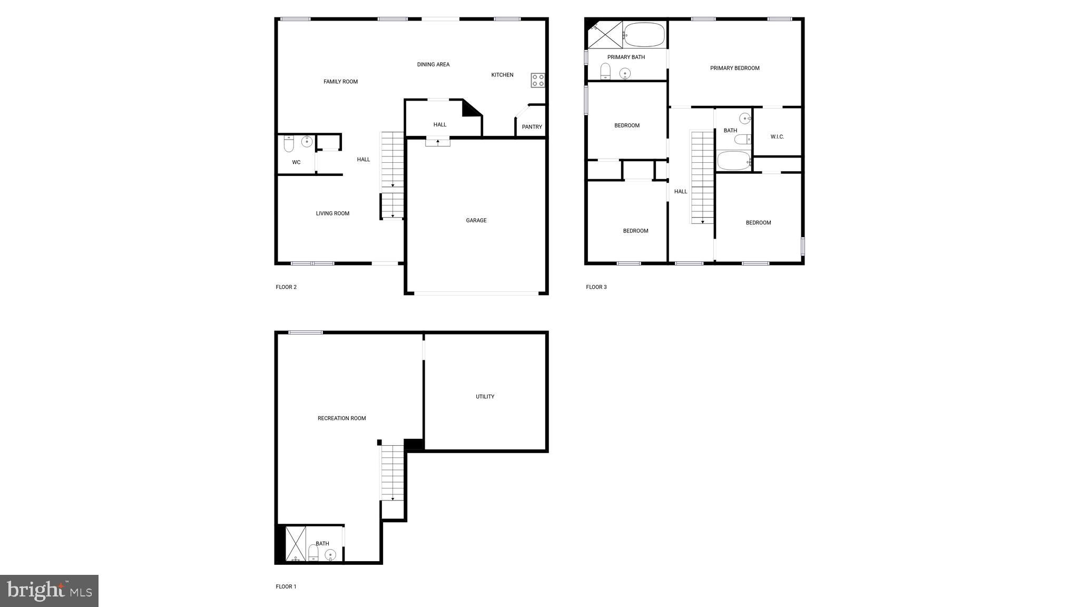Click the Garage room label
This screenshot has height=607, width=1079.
tap(476, 220)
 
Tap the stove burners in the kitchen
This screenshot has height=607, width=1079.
tap(538, 80)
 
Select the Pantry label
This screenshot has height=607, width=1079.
tap(532, 127)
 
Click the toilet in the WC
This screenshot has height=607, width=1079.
tap(289, 143)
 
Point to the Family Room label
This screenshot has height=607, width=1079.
tap(340, 82)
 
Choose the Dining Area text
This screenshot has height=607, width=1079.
tap(433, 65)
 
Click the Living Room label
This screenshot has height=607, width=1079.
tap(332, 213)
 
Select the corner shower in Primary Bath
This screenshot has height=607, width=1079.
tap(605, 35)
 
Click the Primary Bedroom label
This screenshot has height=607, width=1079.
tap(734, 68)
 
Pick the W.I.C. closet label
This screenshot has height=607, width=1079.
tap(777, 137)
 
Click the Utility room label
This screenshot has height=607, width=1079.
tap(485, 397)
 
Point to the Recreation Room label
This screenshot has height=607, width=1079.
tap(341, 418)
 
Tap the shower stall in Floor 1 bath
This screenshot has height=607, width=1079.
tap(296, 543)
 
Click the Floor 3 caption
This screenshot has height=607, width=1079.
tap(596, 287)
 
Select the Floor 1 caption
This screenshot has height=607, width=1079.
tap(286, 586)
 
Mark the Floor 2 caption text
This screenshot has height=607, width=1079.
tap(286, 287)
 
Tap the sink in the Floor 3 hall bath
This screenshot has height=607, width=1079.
tap(744, 118)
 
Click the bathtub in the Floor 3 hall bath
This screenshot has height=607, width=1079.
tap(733, 161)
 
